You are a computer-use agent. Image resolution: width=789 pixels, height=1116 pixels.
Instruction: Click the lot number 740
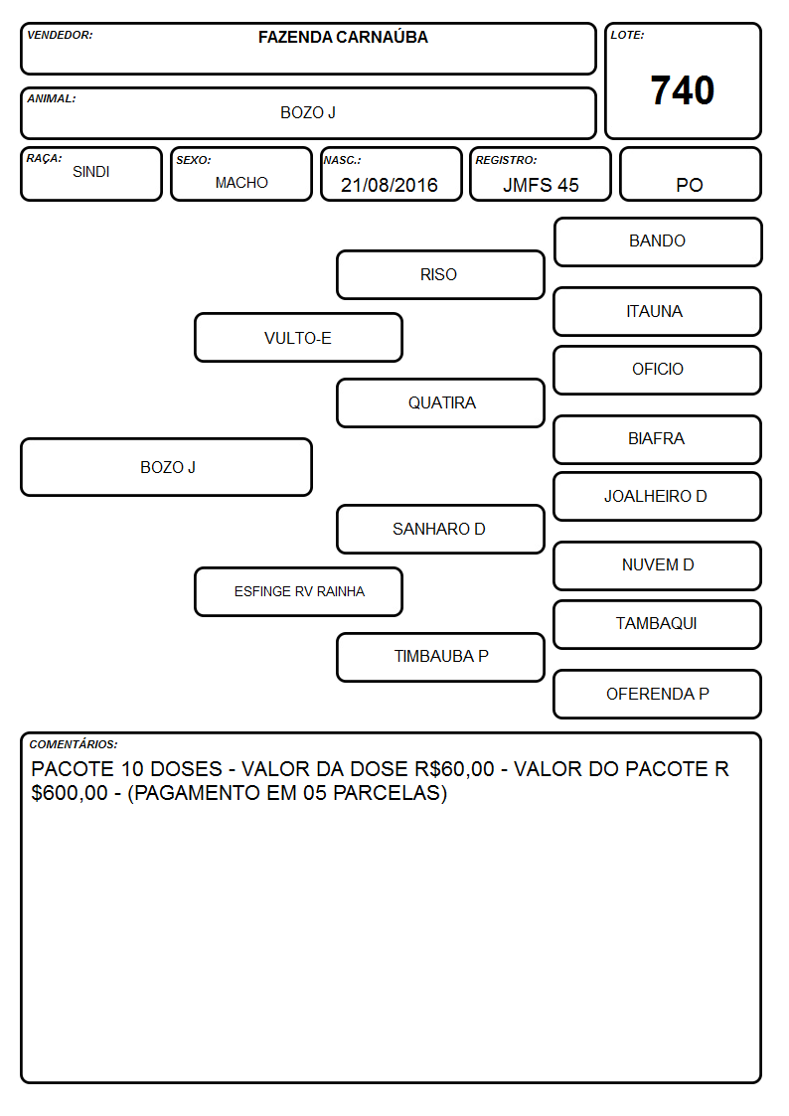[683, 90]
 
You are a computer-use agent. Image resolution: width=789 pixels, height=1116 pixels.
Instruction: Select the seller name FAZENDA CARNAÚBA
[343, 37]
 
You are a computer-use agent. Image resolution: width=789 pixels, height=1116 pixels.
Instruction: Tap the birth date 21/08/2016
[390, 185]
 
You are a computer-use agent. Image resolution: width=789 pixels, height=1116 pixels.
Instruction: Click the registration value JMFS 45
[541, 185]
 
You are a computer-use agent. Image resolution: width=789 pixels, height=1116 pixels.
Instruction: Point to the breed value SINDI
[91, 172]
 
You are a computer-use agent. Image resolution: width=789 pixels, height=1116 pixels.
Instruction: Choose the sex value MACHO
[241, 183]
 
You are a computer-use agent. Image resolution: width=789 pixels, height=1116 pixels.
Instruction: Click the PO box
[690, 174]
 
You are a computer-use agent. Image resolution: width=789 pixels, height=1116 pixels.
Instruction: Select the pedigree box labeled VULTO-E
[298, 337]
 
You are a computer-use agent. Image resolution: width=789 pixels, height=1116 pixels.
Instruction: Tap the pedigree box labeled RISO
[440, 274]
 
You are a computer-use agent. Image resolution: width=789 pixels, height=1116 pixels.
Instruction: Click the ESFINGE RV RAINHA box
[298, 591]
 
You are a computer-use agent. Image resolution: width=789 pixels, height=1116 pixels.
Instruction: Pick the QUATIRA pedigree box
[440, 402]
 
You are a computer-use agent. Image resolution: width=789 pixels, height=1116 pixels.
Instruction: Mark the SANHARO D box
[440, 529]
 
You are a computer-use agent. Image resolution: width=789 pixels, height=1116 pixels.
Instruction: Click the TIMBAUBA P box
[440, 657]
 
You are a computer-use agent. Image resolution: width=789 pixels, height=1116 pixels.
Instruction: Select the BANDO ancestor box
[658, 242]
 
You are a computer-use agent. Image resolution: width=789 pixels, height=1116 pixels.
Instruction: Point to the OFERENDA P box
[658, 694]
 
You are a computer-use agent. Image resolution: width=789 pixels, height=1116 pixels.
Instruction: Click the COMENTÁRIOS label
[74, 744]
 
